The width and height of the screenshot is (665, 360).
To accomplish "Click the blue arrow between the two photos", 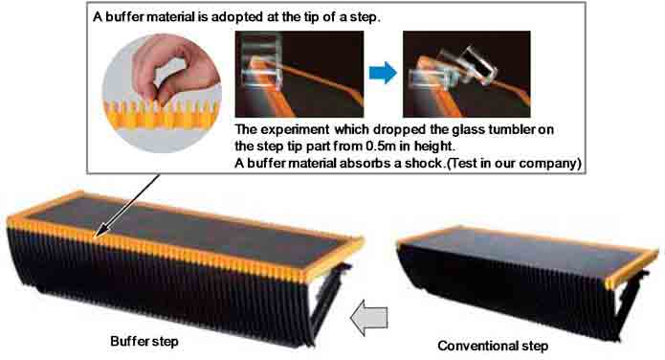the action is [383, 73].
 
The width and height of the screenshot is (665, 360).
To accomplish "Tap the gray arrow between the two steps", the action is [369, 318].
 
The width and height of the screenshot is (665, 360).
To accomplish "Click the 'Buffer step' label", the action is [144, 341].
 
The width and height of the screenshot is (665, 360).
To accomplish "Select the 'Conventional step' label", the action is [493, 346].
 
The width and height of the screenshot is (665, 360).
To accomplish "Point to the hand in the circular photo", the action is [174, 70].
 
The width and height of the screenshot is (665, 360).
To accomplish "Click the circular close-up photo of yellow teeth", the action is [162, 93].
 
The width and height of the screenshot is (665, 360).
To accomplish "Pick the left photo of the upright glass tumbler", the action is [299, 74].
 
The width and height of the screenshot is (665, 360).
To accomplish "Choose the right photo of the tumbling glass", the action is [467, 74].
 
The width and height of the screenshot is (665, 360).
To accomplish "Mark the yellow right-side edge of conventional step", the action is [632, 268].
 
